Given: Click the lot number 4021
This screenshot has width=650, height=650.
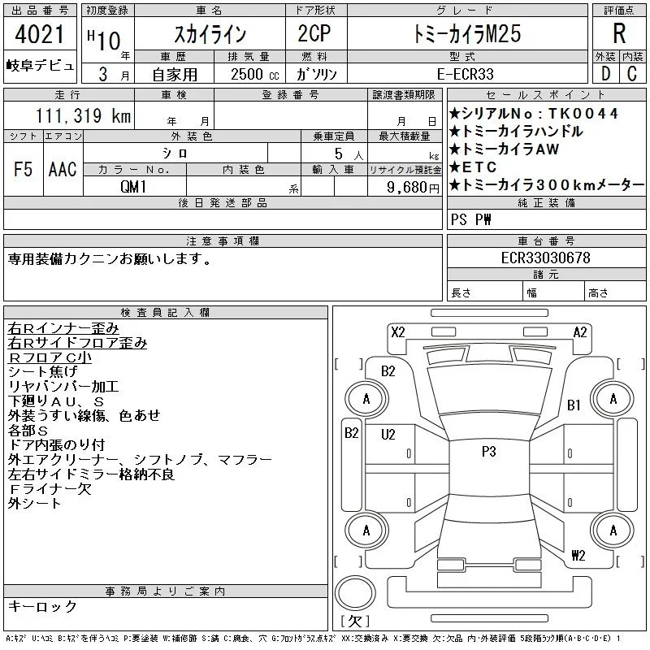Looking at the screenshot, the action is pyautogui.click(x=39, y=34).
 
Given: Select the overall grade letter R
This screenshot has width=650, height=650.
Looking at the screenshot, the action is pyautogui.click(x=619, y=33).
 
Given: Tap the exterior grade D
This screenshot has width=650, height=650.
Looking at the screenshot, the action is pyautogui.click(x=605, y=74).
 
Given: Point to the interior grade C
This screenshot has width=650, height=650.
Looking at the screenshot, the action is pyautogui.click(x=632, y=74).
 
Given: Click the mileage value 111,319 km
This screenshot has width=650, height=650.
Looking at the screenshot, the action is pyautogui.click(x=84, y=115).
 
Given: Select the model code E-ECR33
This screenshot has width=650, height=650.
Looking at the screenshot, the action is pyautogui.click(x=466, y=74).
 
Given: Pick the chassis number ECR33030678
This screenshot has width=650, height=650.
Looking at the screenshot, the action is pyautogui.click(x=545, y=258).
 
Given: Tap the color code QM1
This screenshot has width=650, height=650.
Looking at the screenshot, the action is pyautogui.click(x=133, y=187).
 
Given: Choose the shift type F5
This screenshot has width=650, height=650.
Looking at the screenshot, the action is pyautogui.click(x=24, y=169).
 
